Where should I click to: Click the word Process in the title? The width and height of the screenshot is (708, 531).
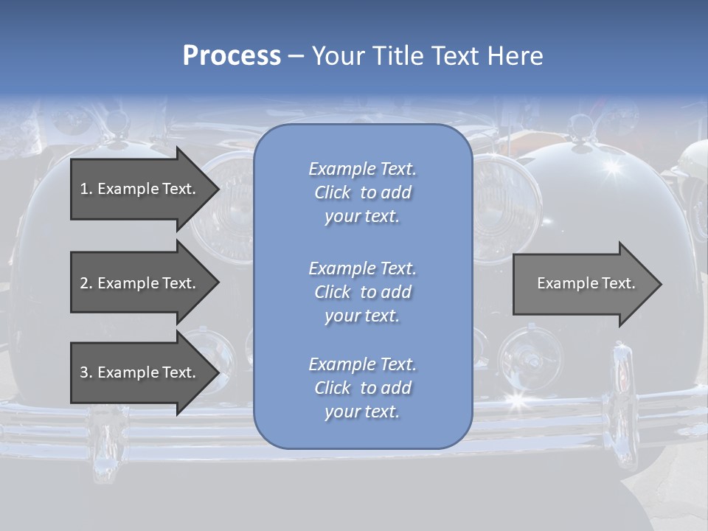click(x=232, y=56)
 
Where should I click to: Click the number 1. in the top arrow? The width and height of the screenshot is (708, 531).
click(x=86, y=189)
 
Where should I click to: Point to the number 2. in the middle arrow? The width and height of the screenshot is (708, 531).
click(x=86, y=283)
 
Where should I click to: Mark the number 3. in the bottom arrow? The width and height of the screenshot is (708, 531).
click(x=86, y=372)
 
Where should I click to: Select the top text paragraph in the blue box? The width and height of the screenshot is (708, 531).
click(x=362, y=192)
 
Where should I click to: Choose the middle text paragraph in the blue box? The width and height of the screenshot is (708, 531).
click(x=362, y=292)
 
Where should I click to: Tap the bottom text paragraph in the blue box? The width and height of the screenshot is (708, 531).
click(x=362, y=388)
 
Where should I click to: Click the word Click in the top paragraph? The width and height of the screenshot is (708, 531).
click(x=333, y=192)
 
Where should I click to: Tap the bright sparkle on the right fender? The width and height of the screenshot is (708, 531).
click(x=611, y=167)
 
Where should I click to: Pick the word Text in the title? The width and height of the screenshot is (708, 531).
click(x=454, y=56)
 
